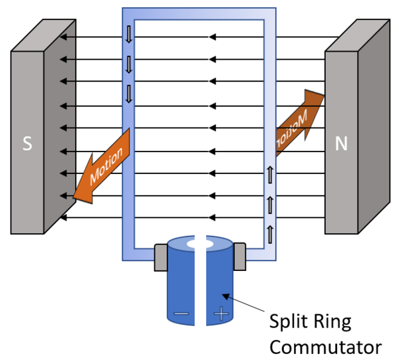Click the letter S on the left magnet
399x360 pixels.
click(27, 144)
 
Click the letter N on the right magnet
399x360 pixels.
click(341, 144)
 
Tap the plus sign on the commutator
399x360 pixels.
click(220, 313)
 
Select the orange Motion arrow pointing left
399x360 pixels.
click(100, 165)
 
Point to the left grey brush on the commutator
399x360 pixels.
click(162, 257)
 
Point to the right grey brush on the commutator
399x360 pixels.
click(239, 257)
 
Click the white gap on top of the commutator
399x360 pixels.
click(201, 244)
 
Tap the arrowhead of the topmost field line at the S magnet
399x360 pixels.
click(62, 37)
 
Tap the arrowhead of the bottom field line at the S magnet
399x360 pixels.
click(62, 218)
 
